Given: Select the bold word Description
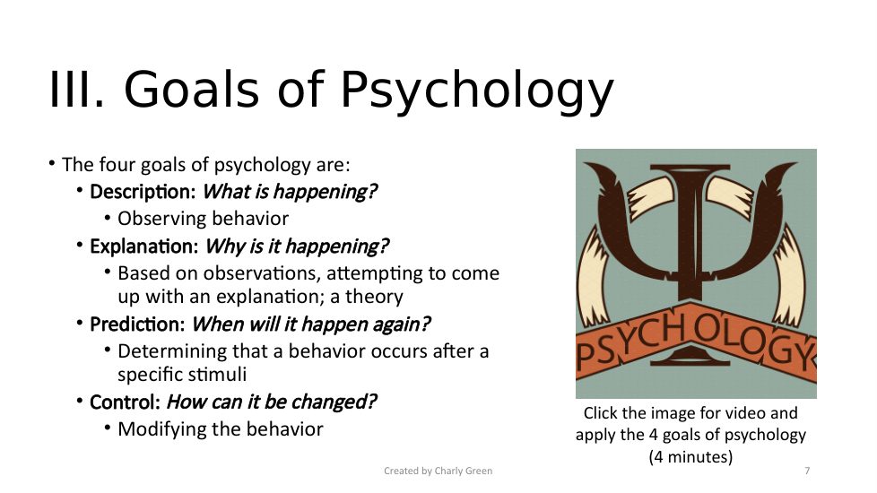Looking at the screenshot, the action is click(x=143, y=192).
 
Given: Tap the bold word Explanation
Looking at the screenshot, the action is click(x=144, y=246).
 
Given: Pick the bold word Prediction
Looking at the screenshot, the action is click(x=137, y=324).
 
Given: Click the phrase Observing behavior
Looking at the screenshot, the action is click(x=203, y=219).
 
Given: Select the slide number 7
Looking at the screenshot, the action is click(x=807, y=471).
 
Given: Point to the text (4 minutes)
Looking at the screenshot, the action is click(x=690, y=457).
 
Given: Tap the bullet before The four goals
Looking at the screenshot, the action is click(x=52, y=164).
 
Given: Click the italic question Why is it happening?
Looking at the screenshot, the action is click(x=297, y=246).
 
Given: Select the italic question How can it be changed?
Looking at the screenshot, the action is click(x=272, y=402).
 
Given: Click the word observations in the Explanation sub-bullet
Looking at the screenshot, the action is click(x=260, y=273).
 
